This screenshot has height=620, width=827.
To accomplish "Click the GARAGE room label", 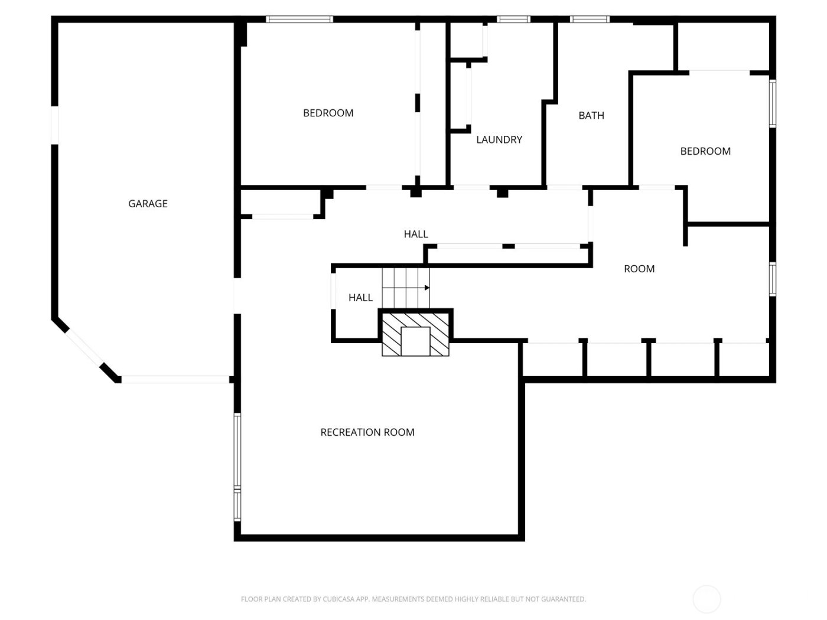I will coord(148,204).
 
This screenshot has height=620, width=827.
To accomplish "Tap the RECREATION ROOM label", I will coord(367,432).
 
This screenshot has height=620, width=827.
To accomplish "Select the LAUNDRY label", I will coord(499,140).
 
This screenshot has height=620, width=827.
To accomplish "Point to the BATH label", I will coord(591,116).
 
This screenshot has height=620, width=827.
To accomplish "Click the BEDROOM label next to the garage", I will coord(328,113).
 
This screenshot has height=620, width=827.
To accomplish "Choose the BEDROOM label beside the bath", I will coord(705,151).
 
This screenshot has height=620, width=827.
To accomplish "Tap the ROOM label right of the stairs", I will coord(639,269).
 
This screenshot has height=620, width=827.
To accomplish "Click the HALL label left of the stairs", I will coord(360,298).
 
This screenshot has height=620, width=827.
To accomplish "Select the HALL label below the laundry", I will coord(415,234).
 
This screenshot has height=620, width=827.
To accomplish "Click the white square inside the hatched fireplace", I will coord(415,341).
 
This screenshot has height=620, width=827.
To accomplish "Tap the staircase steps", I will coord(405,288).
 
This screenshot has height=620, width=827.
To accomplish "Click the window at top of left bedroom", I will coord(299,19).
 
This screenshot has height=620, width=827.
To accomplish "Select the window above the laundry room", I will coord(513,19).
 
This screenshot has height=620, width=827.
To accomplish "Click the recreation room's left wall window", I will coord(237,466).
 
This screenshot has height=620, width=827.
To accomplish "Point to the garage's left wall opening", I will coord(55,125).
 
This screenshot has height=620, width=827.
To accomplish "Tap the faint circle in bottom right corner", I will coord(706,599).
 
